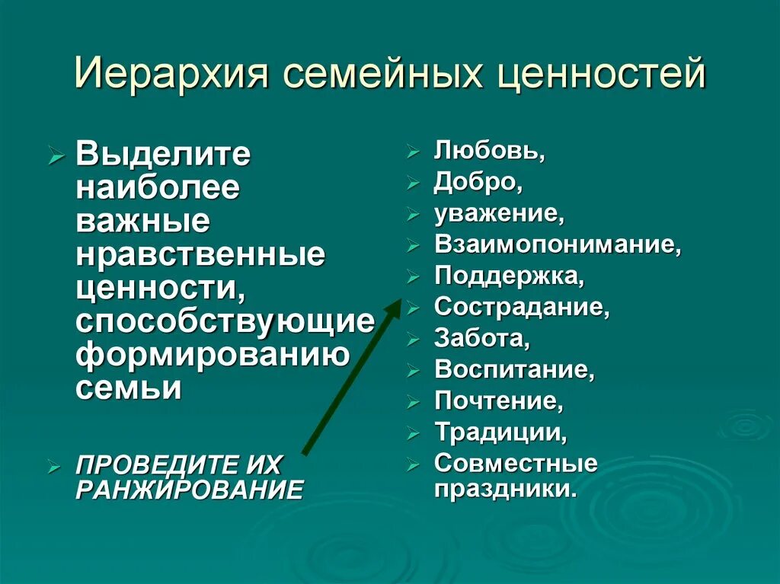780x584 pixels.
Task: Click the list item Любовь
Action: coord(489,152)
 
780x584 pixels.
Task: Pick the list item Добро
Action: coord(478,183)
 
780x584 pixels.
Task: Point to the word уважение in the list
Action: coord(499,215)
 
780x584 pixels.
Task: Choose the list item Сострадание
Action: coord(522,308)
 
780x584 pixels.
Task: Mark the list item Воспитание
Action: coord(514,370)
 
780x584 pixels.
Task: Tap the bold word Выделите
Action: coord(163,155)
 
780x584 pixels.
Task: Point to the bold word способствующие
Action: coord(225,321)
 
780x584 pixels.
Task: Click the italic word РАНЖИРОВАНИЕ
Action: coord(189,489)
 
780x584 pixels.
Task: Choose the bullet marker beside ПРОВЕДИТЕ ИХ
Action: coord(54,464)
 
